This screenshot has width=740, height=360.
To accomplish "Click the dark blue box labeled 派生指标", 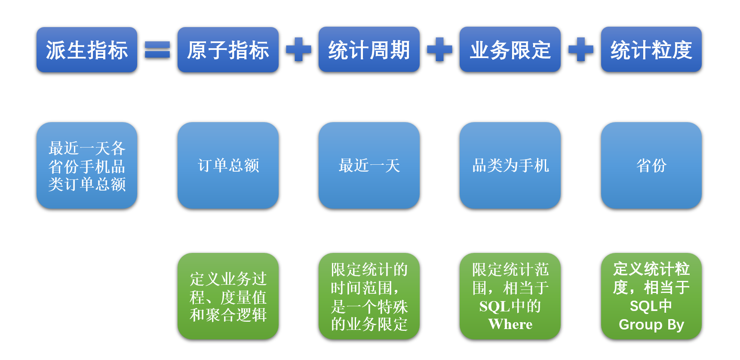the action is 87,50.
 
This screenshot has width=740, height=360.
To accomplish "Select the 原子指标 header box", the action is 228,50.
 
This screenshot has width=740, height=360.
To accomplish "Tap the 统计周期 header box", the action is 369,49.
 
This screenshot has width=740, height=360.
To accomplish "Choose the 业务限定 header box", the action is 510,49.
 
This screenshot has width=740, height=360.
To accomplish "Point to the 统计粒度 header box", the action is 651,49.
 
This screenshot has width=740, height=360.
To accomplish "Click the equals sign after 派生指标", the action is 157,49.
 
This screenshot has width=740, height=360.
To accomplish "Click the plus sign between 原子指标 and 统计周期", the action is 298,49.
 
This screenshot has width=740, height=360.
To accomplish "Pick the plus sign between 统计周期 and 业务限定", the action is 439,49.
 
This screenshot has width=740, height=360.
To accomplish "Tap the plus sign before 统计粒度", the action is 581,49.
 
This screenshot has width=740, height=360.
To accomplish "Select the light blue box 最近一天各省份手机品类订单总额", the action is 87,166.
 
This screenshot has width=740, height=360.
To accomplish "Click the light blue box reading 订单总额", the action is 228,166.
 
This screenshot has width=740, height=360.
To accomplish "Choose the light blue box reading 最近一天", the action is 369,166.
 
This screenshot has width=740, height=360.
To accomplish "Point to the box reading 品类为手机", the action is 510,166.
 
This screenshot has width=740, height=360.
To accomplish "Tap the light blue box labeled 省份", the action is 651,166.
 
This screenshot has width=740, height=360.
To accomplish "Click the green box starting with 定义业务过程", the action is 228,296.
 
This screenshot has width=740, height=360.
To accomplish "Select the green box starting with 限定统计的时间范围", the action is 369,296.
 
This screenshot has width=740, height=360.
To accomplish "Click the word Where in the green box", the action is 510,324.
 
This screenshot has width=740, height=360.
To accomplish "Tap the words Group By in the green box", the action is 651,324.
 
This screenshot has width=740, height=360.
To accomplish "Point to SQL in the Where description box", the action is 494,306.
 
